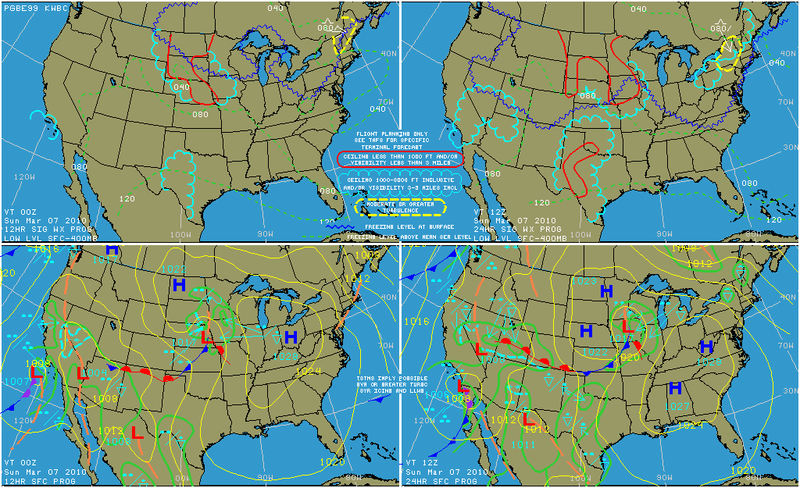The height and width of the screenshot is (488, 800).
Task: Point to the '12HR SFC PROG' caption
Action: pyautogui.click(x=34, y=481)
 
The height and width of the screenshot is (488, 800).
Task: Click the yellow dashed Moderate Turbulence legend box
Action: pyautogui.click(x=400, y=207)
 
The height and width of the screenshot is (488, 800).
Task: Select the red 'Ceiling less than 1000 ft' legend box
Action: pyautogui.click(x=400, y=159)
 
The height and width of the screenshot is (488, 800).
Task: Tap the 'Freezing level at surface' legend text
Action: pyautogui.click(x=400, y=226)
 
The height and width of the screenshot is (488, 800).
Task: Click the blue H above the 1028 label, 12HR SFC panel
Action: pyautogui.click(x=291, y=337)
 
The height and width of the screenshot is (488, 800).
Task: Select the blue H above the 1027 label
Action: pyautogui.click(x=675, y=388)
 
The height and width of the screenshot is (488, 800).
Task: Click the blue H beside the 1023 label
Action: pyautogui.click(x=605, y=291)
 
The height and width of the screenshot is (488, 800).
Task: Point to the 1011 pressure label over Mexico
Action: pyautogui.click(x=523, y=444)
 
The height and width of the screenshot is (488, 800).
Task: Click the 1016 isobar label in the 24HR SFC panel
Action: pyautogui.click(x=417, y=321)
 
